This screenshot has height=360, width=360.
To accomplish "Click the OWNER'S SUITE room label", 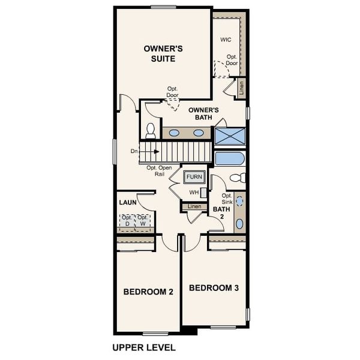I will coord(159,53).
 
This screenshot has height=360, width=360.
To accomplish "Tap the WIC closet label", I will coord(226,40).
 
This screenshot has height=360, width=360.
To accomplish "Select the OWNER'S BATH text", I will coord(203,113).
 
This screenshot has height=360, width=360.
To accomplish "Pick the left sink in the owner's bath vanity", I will coord(174,133).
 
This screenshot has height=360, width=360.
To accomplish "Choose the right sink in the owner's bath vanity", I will coord(198,133).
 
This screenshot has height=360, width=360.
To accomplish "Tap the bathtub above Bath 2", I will coord(229,159).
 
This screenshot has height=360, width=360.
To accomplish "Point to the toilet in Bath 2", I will coord(238,178).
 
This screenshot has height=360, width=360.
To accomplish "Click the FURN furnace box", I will coord(194,178).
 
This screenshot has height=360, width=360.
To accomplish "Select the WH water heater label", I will coord(194,192).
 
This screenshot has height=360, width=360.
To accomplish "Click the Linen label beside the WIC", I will coord(241,89).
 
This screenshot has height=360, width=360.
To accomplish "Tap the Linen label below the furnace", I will coord(194,207).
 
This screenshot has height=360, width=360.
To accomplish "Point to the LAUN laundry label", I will coord(127,203).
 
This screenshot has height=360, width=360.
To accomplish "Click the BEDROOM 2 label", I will coord(148,292).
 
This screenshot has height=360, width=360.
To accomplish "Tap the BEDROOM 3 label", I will coord(214,288).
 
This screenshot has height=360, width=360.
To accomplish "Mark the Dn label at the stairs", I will coord(134,152).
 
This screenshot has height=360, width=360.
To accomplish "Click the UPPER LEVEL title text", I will coord(144,347).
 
